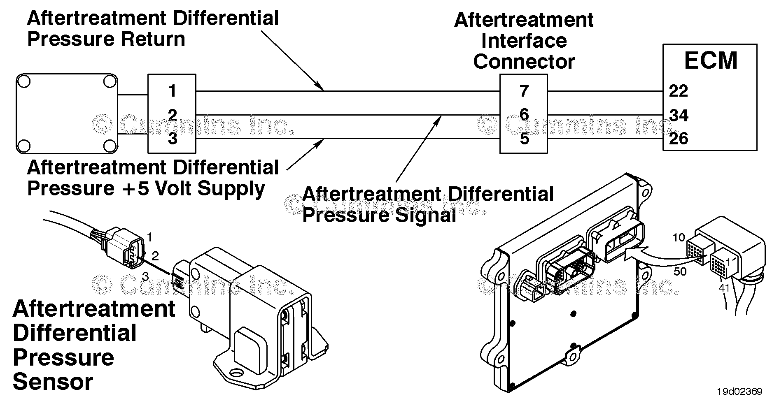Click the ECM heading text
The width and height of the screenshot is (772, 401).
click(x=710, y=60)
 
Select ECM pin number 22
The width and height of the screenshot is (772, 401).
click(x=678, y=91)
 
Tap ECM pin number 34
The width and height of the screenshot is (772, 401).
click(x=679, y=116)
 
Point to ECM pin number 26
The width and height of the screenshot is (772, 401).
click(x=679, y=139)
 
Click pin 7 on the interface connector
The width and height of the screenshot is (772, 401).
click(x=524, y=91)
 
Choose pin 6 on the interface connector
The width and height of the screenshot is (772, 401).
click(x=524, y=115)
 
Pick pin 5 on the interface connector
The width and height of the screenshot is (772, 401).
click(x=524, y=139)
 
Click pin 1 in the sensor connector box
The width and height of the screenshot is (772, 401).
click(x=173, y=91)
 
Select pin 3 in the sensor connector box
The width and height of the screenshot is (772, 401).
click(x=173, y=139)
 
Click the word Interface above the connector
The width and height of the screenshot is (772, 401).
click(x=524, y=41)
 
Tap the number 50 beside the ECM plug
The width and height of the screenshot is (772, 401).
click(x=680, y=271)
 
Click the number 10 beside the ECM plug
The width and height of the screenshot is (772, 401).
click(x=679, y=237)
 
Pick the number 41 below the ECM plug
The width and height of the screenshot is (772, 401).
click(x=724, y=287)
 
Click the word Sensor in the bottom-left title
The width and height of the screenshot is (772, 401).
click(x=53, y=381)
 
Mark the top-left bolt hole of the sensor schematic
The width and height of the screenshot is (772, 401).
click(x=24, y=81)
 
